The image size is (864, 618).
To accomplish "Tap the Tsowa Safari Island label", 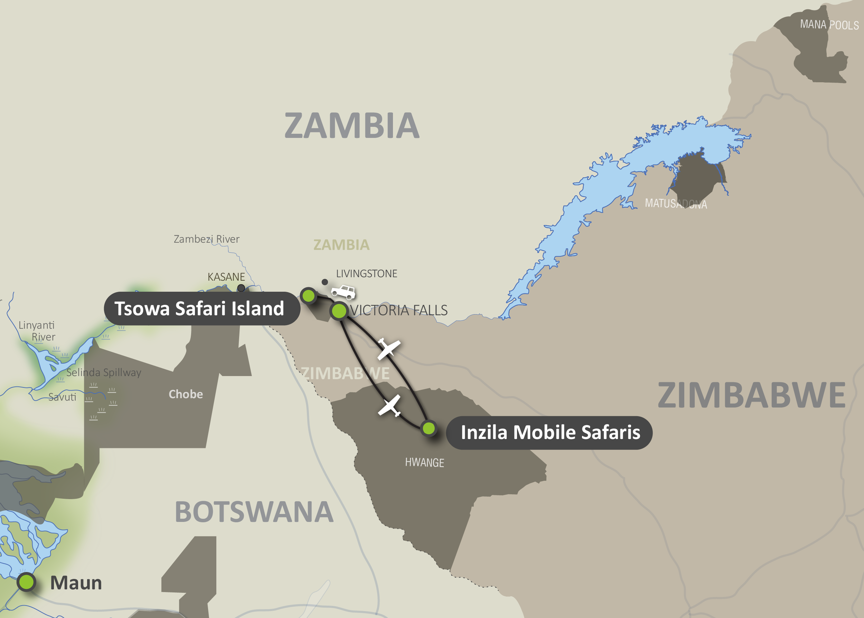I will click(x=199, y=308).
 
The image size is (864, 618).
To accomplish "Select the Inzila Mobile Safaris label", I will click(x=550, y=432).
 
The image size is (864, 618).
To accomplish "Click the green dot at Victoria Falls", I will click(x=339, y=311).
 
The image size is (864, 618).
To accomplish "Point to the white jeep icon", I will click(x=344, y=292).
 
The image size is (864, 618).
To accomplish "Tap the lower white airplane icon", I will click(x=389, y=406).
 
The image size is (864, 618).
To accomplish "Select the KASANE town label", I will click(x=226, y=277).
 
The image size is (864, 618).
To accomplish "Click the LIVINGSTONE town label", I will click(x=366, y=273).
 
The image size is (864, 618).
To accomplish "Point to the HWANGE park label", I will click(x=424, y=462).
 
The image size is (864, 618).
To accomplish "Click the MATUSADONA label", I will click(x=676, y=204).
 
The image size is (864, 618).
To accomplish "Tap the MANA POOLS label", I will click(x=829, y=25).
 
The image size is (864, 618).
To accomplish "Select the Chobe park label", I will click(x=186, y=394).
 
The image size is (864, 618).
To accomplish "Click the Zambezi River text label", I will click(x=206, y=239).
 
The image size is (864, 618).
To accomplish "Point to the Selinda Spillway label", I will click(x=103, y=372).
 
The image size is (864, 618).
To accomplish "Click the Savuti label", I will click(x=63, y=397).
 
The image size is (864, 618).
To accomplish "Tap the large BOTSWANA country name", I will click(x=254, y=512).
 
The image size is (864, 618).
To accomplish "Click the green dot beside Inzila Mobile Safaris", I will click(x=429, y=428).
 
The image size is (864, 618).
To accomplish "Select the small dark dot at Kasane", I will click(x=241, y=288).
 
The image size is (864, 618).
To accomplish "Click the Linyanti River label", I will click(x=37, y=331).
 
